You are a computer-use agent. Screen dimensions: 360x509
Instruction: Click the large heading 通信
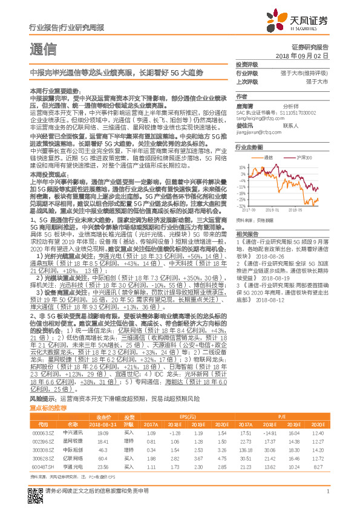[42, 50]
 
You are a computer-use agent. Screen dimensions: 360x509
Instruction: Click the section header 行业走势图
[249, 147]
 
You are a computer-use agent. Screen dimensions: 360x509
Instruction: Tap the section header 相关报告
[247, 233]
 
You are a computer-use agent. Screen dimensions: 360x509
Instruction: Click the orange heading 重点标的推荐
[49, 408]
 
